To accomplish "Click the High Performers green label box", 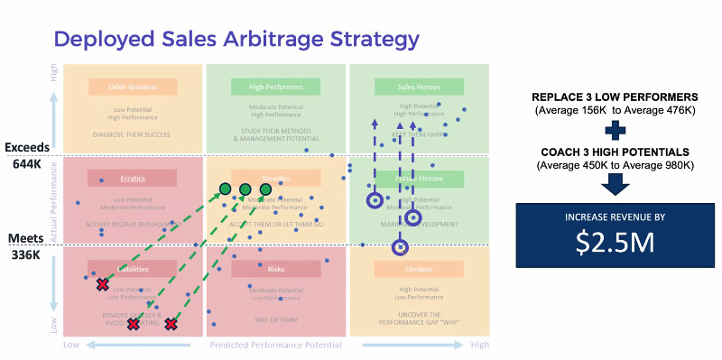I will click(x=276, y=88).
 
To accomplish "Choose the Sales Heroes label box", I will click(x=418, y=88).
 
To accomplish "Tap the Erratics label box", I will click(x=133, y=178).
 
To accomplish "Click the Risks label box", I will click(x=276, y=268).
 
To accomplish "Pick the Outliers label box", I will click(x=418, y=268).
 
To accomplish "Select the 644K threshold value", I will click(x=25, y=165).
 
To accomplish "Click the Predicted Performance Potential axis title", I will click(x=275, y=346).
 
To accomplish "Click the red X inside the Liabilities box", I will click(x=103, y=285).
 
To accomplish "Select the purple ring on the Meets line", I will click(x=401, y=247).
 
